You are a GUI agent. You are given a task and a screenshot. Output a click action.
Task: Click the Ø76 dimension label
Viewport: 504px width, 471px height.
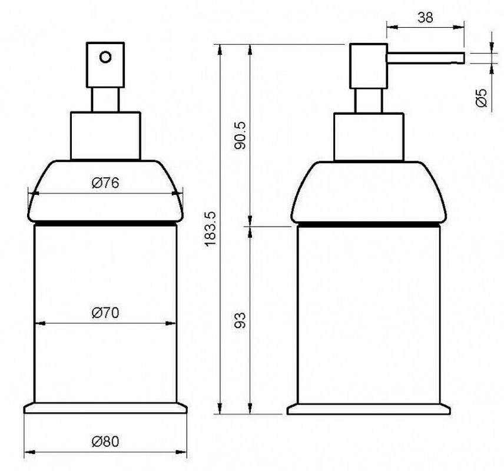coord(105,183)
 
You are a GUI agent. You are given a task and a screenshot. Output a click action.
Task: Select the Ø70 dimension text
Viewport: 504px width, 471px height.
coord(105,313)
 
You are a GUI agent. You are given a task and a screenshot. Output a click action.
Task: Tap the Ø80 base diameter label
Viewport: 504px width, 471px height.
coord(105,442)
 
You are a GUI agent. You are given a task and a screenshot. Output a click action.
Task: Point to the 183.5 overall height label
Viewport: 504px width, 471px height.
coord(211,229)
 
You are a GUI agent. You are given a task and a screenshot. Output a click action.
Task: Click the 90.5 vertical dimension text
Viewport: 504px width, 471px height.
coord(240,135)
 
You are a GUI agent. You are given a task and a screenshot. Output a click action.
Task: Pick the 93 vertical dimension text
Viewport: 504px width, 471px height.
coord(240,320)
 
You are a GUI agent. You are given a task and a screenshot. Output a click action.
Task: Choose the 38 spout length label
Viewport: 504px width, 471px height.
coord(425,18)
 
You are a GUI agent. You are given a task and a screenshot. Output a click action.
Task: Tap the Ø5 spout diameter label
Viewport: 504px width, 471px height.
coord(481,98)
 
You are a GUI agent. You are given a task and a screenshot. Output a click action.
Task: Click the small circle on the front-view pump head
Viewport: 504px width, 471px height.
coord(105,57)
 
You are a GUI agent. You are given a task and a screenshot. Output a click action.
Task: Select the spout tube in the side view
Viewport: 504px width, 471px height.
coord(426,58)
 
